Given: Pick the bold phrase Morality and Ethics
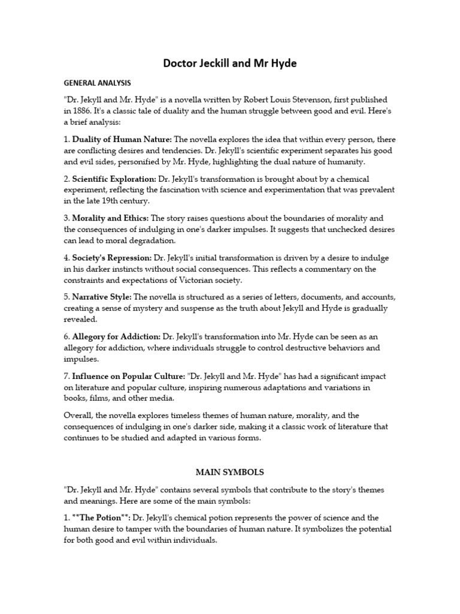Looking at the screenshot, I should coord(110,218).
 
